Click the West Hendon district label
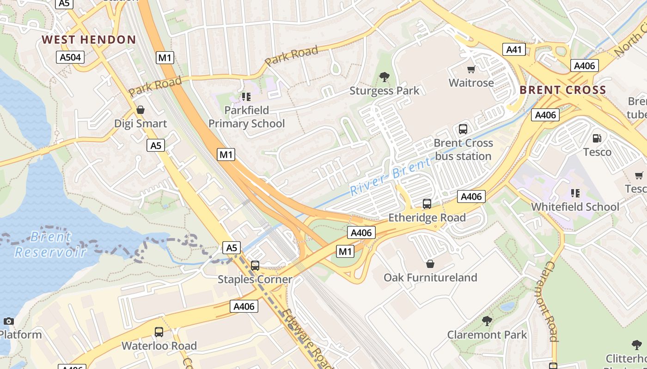89,40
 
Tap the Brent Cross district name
562,90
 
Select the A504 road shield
70,57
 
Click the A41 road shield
513,49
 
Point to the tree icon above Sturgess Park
384,77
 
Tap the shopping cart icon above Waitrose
471,70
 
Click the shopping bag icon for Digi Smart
140,110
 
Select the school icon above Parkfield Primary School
246,96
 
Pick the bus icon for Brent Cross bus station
463,129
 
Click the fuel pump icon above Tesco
597,138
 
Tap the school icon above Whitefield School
575,193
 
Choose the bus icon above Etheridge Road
427,203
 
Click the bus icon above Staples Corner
255,266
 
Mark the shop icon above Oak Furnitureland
430,264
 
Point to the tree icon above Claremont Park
487,321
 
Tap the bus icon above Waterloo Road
159,332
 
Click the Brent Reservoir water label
50,244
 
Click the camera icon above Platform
8,321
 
